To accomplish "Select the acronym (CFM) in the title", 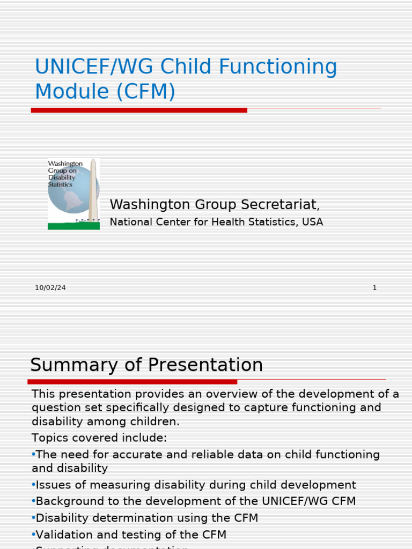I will pos(144,92).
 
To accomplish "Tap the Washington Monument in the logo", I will pos(93,190).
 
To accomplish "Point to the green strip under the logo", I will pos(73,226).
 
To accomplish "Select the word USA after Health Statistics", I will pos(312,222).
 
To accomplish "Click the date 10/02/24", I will pos(50,288).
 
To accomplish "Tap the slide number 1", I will pos(374,288).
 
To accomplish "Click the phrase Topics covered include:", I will pos(99,438).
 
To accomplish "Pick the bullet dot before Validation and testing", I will pos(33,535).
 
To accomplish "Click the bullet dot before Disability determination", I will pos(33,518).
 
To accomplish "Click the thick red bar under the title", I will pos(139,110).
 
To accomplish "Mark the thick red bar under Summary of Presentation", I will pos(132,382).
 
